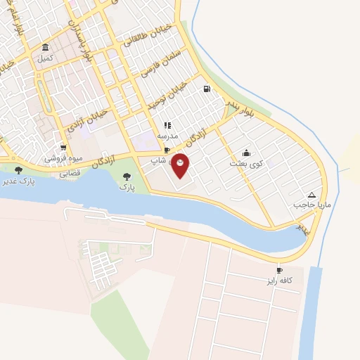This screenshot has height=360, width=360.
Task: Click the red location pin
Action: [x=181, y=164]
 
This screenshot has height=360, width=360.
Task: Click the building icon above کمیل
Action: [x=46, y=48]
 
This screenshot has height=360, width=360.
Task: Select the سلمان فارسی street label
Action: [x=156, y=62]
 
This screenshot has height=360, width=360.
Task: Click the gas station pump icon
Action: [x=206, y=89]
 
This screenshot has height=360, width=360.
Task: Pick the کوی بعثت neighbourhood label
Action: [x=245, y=163]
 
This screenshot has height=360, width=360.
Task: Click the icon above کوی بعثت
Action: [x=245, y=153]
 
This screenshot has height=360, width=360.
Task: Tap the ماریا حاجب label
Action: [x=311, y=205]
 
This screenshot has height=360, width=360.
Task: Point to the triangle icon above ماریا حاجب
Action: [x=311, y=194]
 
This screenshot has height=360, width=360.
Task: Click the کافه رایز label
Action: [x=279, y=281]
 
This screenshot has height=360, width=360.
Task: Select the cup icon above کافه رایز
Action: [x=279, y=270]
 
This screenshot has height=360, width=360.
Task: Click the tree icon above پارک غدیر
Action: [x=18, y=170]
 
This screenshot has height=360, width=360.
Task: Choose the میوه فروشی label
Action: [x=64, y=158]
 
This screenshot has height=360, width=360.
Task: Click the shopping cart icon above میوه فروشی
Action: [x=64, y=148]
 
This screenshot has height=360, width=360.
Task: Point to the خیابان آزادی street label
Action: [x=88, y=120]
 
